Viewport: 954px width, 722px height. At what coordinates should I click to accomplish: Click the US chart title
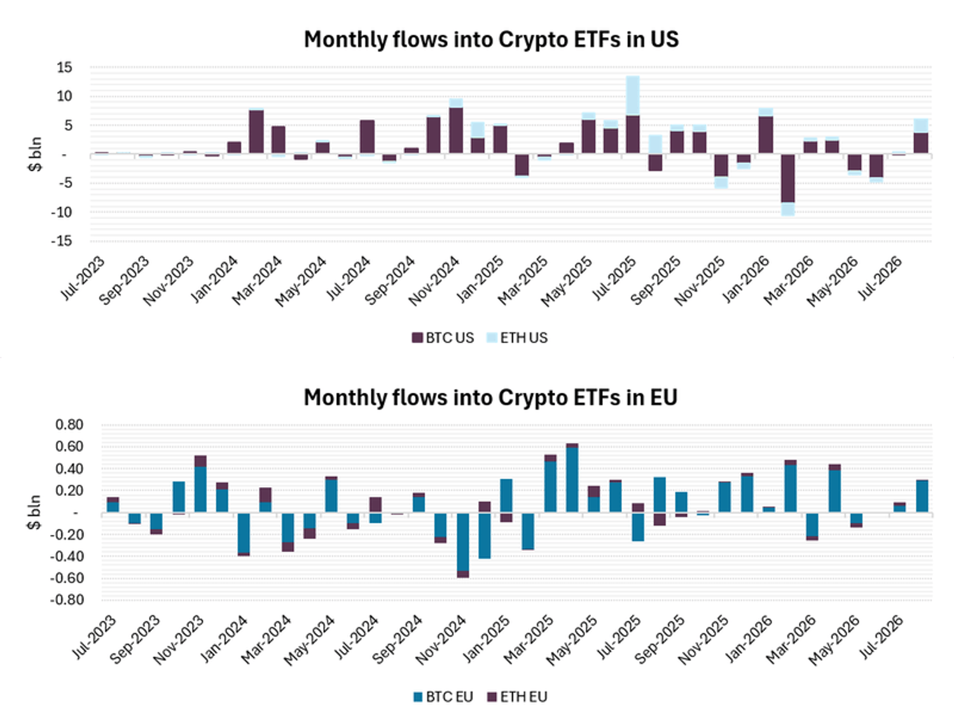491,39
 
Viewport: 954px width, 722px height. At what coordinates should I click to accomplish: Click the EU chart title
490,397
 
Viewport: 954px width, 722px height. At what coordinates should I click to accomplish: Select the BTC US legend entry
443,338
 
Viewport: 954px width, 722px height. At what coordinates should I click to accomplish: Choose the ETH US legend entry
517,338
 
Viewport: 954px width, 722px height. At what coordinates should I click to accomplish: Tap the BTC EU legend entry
443,697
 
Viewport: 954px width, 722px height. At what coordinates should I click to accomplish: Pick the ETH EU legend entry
517,697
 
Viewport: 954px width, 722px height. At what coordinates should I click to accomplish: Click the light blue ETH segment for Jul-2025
632,96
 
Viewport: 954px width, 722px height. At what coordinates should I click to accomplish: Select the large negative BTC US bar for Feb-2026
787,178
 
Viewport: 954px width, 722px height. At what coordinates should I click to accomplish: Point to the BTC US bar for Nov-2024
455,131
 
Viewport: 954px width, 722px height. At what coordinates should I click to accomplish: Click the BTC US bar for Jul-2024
367,137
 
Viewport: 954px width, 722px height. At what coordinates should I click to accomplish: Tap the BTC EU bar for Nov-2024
463,542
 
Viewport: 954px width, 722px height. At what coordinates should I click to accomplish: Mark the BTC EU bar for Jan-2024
244,533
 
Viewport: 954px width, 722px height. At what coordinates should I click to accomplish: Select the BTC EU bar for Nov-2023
200,490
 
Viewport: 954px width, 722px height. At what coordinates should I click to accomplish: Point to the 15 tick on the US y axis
64,67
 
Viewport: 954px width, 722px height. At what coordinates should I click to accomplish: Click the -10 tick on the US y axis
61,212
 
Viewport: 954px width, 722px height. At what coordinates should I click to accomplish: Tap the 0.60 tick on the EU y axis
69,446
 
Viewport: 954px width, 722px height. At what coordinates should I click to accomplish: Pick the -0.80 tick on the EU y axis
67,600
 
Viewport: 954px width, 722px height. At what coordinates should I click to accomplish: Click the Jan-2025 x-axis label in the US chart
480,278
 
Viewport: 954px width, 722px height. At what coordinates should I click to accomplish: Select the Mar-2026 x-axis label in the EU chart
789,638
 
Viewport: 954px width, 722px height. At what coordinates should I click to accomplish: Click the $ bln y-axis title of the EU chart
34,513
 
